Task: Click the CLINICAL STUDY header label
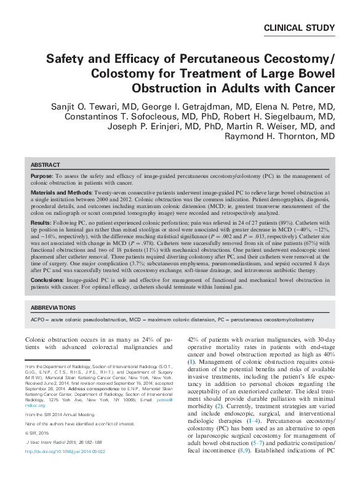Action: point(299,28)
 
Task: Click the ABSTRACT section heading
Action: point(45,166)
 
